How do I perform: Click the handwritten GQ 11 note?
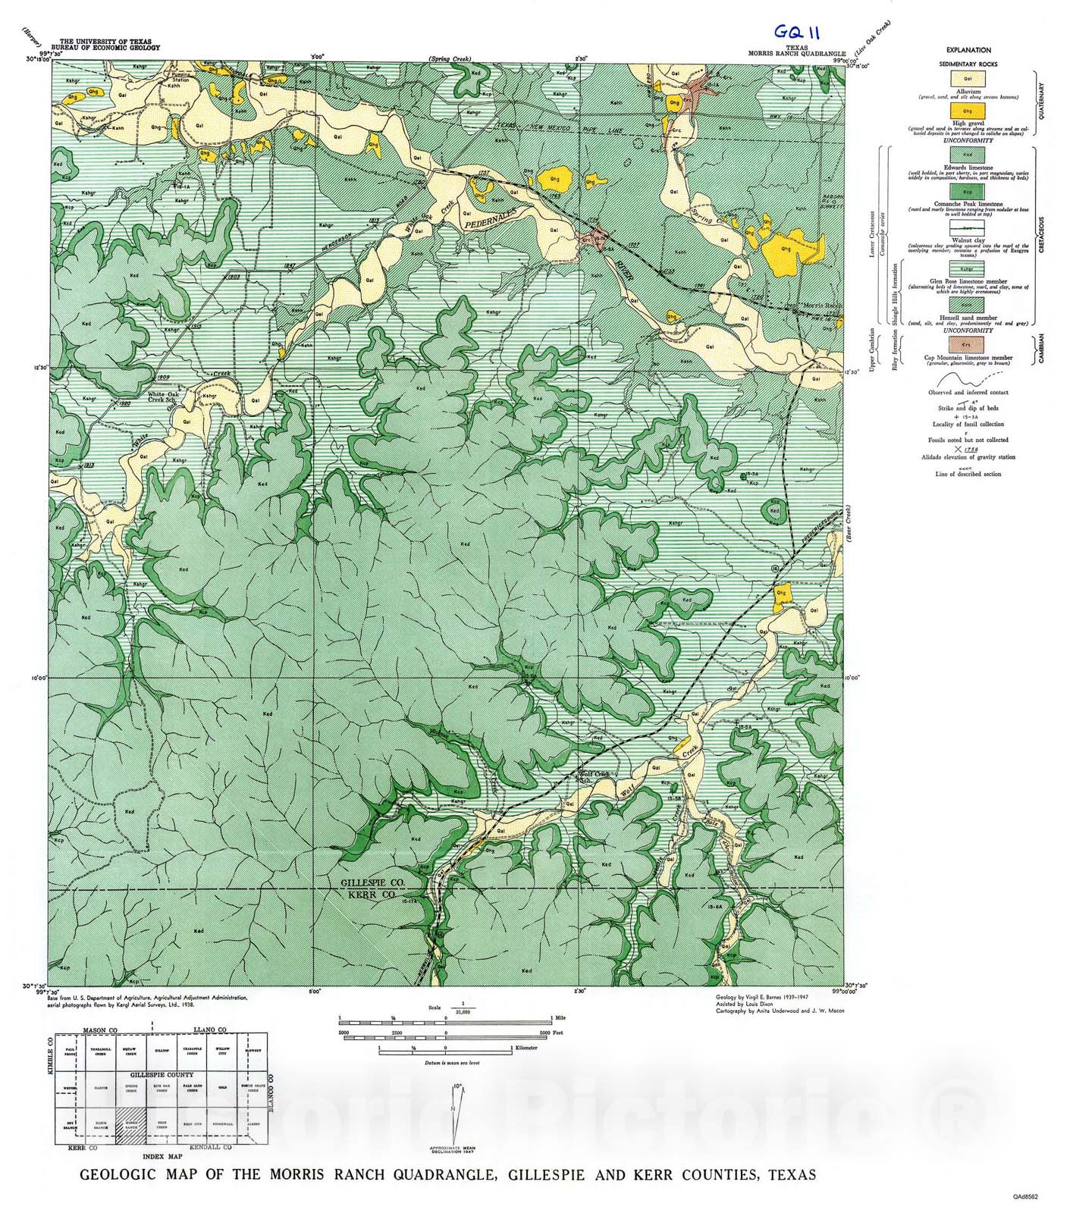795,33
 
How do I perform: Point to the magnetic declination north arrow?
456,1111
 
